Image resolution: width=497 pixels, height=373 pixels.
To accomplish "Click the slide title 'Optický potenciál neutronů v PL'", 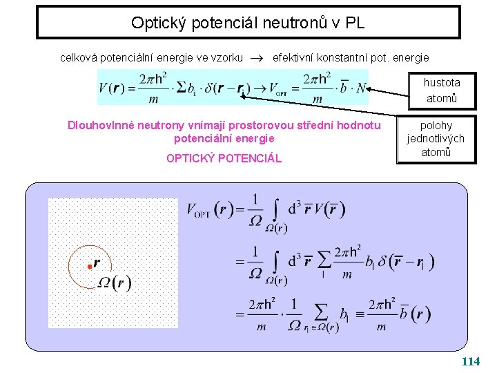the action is click(x=248, y=23).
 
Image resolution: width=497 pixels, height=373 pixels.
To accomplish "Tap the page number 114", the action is click(x=471, y=361).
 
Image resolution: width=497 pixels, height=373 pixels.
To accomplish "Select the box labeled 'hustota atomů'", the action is click(x=442, y=90).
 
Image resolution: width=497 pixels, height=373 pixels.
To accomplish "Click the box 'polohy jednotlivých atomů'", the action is click(x=436, y=139).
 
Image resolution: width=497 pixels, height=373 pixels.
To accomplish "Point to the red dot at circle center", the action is click(x=89, y=266).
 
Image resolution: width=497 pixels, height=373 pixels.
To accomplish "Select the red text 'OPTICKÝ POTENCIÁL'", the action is click(x=224, y=158).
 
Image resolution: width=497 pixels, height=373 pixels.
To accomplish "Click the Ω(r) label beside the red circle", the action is click(x=114, y=283).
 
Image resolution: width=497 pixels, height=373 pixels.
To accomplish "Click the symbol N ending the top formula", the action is click(x=360, y=88).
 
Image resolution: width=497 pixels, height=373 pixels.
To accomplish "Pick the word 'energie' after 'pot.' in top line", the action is click(x=412, y=58).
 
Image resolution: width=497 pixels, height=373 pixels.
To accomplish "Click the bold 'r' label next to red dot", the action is click(x=97, y=262).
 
